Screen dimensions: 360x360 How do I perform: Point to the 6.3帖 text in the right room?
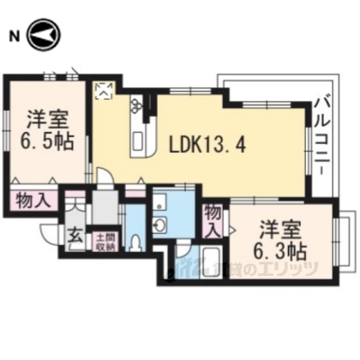pyautogui.click(x=280, y=248)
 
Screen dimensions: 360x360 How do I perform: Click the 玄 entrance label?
pyautogui.click(x=76, y=234)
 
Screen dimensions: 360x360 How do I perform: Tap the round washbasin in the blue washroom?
pyautogui.click(x=159, y=226)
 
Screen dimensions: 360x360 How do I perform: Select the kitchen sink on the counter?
pyautogui.click(x=138, y=139)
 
